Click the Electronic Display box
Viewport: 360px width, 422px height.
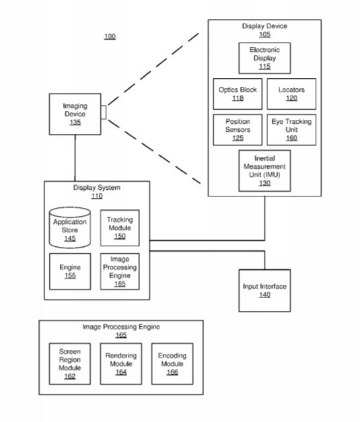tap(264, 58)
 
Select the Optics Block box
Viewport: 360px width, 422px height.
tap(238, 94)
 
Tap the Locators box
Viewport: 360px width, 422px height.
tap(291, 94)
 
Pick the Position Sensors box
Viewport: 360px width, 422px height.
tap(238, 130)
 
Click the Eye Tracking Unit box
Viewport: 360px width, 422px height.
tap(291, 130)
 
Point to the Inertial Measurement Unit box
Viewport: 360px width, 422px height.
tap(264, 171)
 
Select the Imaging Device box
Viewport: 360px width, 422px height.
tap(75, 114)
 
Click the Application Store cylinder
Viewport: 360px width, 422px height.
tap(70, 227)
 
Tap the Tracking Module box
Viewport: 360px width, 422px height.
tap(120, 228)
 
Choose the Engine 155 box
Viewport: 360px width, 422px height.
tap(70, 271)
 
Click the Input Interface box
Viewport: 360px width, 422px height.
tap(264, 290)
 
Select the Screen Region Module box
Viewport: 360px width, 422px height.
tap(70, 363)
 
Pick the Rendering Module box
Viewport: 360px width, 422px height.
tap(121, 363)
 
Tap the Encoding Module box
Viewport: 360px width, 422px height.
tap(172, 363)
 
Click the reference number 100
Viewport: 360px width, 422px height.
tap(110, 36)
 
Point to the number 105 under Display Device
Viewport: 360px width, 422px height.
tap(264, 34)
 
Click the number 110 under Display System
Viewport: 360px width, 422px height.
tap(97, 196)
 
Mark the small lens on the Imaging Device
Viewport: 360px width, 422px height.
tap(104, 112)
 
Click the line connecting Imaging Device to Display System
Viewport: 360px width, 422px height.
tap(75, 158)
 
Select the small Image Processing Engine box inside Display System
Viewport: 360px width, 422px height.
tap(120, 271)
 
